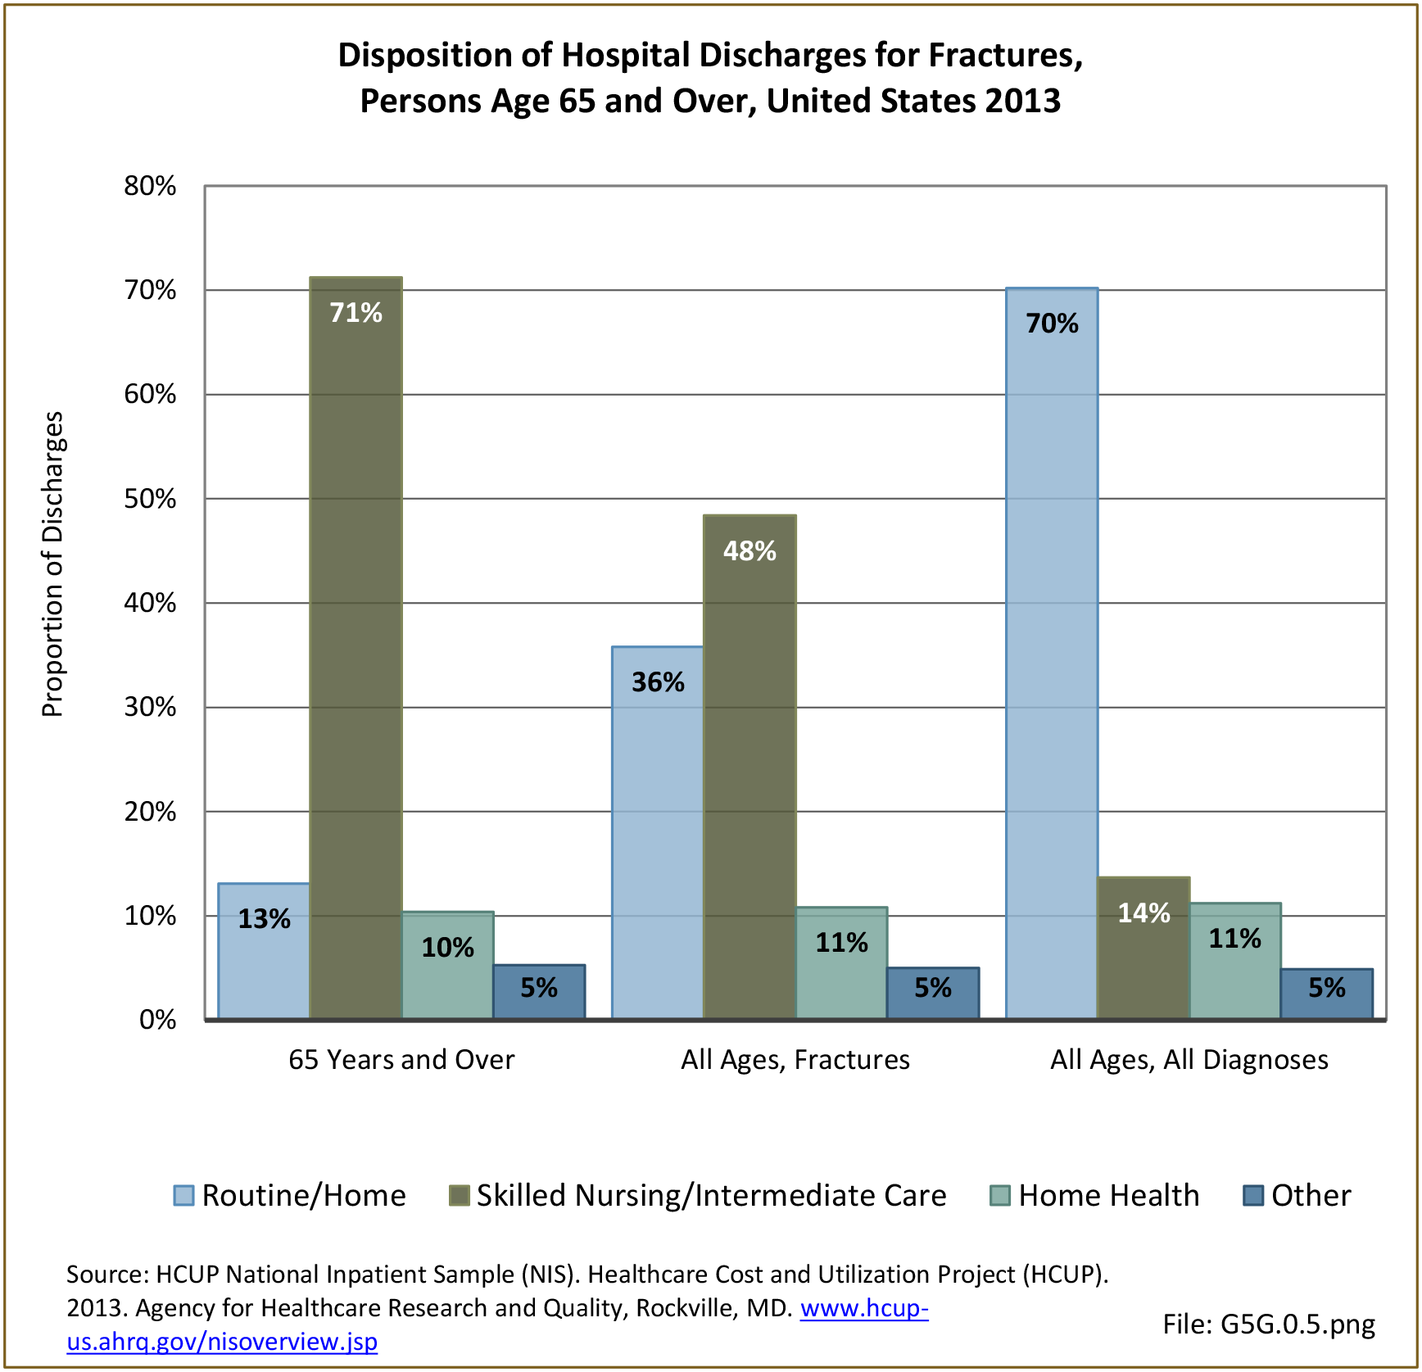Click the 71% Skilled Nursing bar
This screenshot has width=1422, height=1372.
pyautogui.click(x=355, y=647)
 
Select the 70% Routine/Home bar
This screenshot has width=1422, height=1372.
pyautogui.click(x=1052, y=653)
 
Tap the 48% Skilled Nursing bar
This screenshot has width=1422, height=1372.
pyautogui.click(x=749, y=766)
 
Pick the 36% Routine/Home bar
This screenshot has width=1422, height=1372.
pyautogui.click(x=657, y=831)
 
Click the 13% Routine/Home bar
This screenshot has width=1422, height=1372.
pyautogui.click(x=264, y=950)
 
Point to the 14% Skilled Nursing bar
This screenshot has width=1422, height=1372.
pyautogui.click(x=1143, y=948)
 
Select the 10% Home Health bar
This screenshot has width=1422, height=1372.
pyautogui.click(x=447, y=964)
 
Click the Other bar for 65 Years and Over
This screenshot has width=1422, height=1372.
pyautogui.click(x=539, y=991)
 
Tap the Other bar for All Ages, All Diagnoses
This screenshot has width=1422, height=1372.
pyautogui.click(x=1327, y=993)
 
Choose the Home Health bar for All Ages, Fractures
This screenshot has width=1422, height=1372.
pyautogui.click(x=841, y=962)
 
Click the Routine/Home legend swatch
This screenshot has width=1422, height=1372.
pyautogui.click(x=183, y=1196)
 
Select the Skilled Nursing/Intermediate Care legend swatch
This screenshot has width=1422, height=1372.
pyautogui.click(x=459, y=1196)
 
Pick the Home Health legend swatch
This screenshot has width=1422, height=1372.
pyautogui.click(x=1000, y=1196)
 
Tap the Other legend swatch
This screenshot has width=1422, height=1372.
pyautogui.click(x=1253, y=1196)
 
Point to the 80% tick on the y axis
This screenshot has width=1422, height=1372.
pyautogui.click(x=150, y=186)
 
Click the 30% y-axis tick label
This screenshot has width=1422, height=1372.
pyautogui.click(x=150, y=707)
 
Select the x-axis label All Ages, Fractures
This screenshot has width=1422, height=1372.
pyautogui.click(x=795, y=1060)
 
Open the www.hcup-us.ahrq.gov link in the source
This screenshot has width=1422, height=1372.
pyautogui.click(x=864, y=1308)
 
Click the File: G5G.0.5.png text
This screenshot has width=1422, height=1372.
pyautogui.click(x=1269, y=1324)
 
